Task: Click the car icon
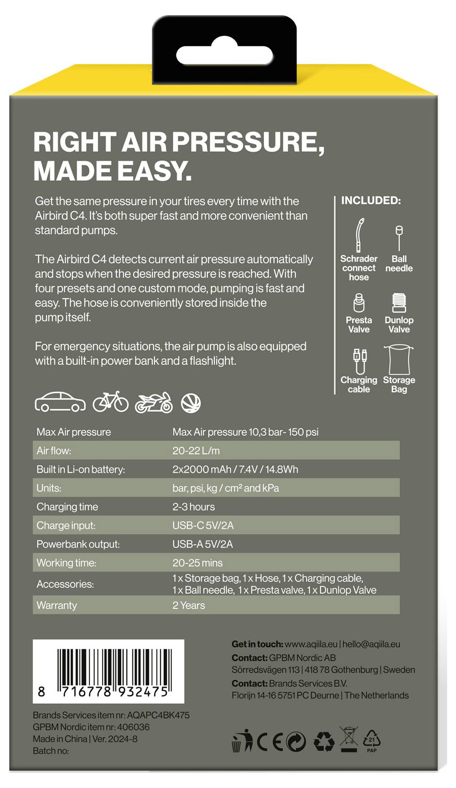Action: click(60, 402)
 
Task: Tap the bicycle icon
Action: click(111, 402)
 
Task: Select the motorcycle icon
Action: click(154, 403)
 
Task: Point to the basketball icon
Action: click(191, 403)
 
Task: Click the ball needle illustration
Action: click(399, 238)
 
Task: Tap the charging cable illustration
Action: click(359, 360)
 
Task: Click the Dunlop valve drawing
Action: click(399, 303)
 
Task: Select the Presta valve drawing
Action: click(359, 303)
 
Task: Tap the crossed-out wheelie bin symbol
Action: click(349, 739)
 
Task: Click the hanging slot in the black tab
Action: click(224, 56)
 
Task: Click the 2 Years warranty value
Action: click(189, 605)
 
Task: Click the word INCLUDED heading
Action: click(371, 200)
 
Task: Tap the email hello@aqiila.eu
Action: click(371, 644)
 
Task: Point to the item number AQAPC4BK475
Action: click(158, 715)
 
